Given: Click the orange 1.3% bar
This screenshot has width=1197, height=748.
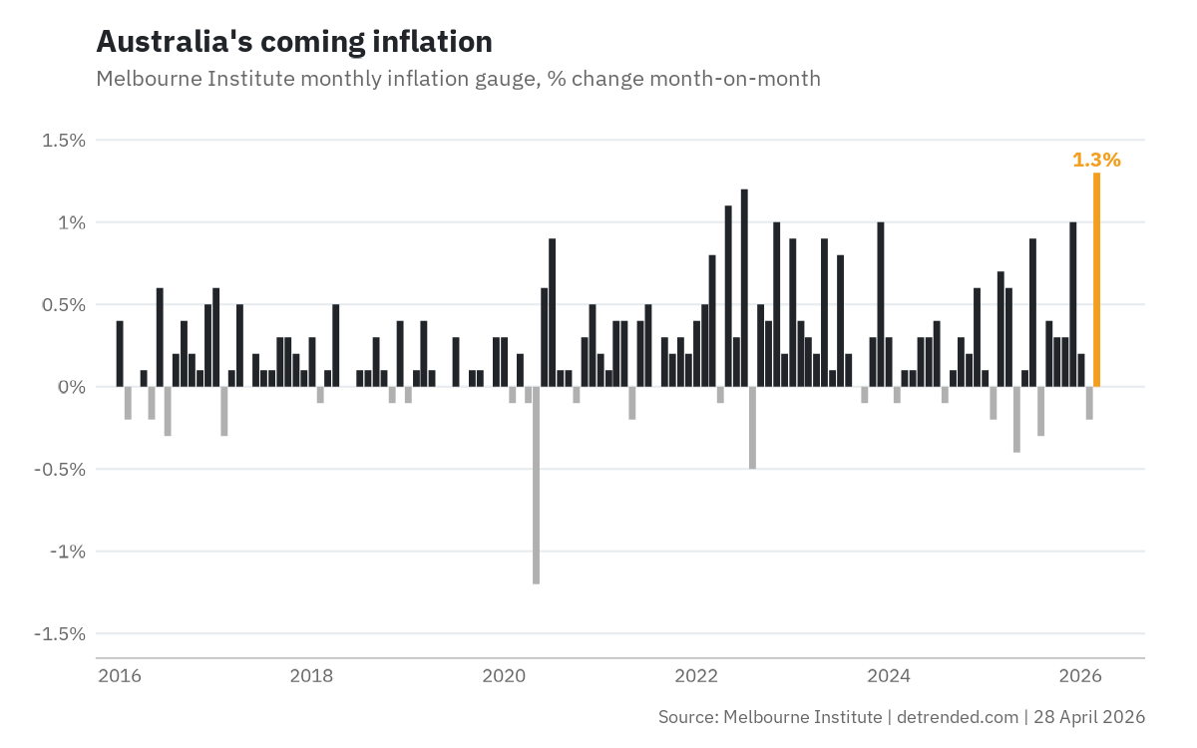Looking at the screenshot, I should (x=1097, y=279).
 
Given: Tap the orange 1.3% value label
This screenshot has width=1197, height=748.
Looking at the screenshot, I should (x=1096, y=160).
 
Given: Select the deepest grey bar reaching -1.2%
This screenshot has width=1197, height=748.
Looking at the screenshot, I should (x=537, y=485).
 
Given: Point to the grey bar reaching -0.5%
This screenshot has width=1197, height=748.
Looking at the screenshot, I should (x=752, y=427).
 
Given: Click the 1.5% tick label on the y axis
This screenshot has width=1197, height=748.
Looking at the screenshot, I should (x=64, y=141).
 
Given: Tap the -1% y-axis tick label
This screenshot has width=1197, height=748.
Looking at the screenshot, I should (x=65, y=552).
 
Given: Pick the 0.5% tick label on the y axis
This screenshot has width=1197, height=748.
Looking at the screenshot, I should (x=64, y=305).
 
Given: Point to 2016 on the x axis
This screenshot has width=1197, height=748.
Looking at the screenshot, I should (x=119, y=676).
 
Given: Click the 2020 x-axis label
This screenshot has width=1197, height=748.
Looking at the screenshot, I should (x=504, y=676).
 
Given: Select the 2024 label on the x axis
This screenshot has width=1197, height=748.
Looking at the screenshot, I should (x=889, y=676).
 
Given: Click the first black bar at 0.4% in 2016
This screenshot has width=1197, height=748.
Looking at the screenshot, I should (x=120, y=354).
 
